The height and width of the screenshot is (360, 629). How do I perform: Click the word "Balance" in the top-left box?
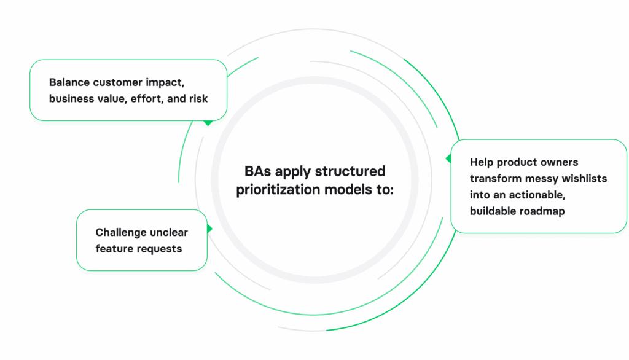click(69, 82)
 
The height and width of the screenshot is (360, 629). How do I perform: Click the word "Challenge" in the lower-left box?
click(121, 232)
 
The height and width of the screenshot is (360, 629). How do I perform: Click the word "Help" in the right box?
click(482, 162)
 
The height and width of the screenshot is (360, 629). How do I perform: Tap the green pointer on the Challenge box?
click(209, 229)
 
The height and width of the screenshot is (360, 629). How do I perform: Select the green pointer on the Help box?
click(448, 158)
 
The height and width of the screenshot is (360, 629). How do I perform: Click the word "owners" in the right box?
click(558, 162)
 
